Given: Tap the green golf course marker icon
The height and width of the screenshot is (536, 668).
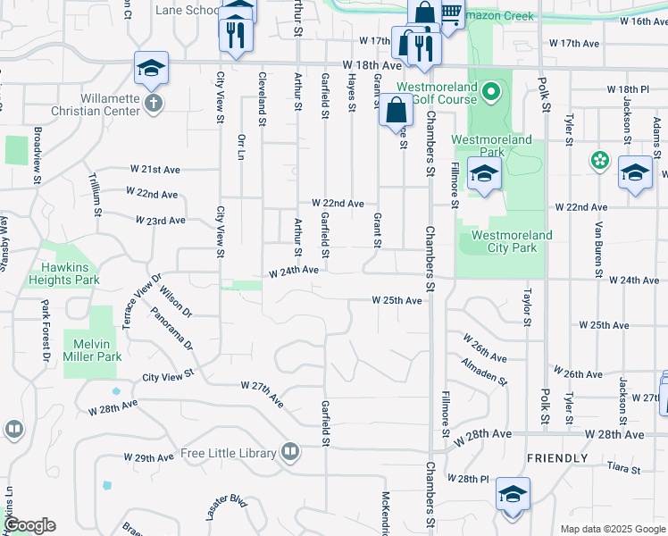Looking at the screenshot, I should [x=490, y=91].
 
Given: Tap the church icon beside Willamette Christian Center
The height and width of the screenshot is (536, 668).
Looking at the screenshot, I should [x=154, y=103].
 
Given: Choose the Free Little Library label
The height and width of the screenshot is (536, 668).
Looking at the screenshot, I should [x=228, y=453].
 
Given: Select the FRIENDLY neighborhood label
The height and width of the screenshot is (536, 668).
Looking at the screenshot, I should [x=557, y=458].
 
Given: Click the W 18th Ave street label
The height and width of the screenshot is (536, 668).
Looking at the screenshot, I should [x=373, y=65].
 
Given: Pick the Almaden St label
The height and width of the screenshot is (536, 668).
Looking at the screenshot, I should [x=484, y=372].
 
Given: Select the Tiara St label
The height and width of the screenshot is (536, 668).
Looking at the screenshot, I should [x=622, y=469].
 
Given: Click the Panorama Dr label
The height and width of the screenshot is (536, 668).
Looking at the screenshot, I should [x=171, y=329].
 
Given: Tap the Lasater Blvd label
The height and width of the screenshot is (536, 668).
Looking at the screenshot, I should [x=225, y=508].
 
